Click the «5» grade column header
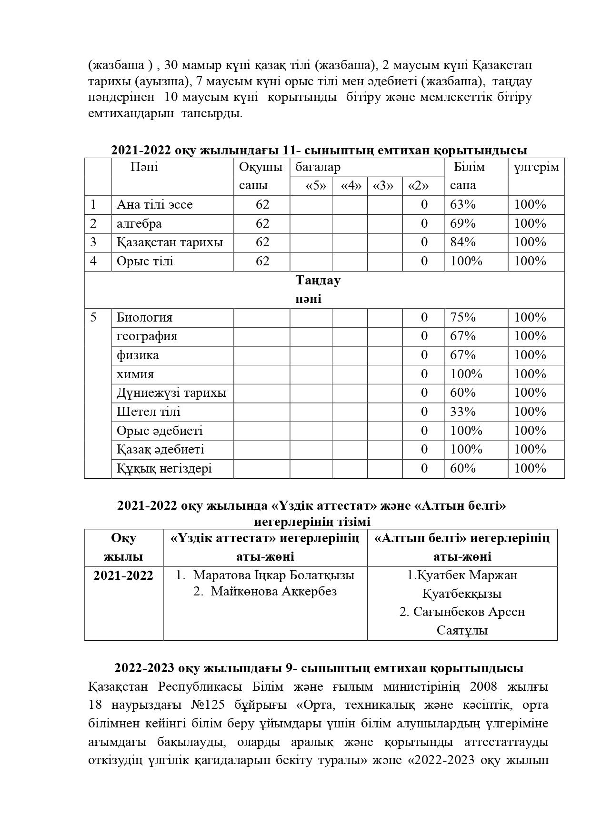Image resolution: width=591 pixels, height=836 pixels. pos(315,186)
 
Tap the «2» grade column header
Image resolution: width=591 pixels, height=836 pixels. pos(418,186)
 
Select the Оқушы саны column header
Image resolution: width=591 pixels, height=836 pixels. pos(261,176)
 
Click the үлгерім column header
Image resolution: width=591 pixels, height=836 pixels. pos(536,167)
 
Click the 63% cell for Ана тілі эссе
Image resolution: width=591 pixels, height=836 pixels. pos(463,205)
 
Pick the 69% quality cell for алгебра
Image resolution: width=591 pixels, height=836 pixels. pos(463,223)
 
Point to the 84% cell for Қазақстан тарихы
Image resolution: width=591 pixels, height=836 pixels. pos(463,242)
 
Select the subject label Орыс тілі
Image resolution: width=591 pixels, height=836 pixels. pos(145,261)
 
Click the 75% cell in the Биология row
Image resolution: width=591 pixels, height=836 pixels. pos(463,317)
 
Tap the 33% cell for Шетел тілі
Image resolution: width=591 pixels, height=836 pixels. pos(463,412)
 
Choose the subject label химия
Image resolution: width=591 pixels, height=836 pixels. pos(135,374)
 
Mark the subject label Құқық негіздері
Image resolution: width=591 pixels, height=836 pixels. pos(164,468)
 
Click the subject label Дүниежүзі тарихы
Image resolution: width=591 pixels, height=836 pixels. pos(171,393)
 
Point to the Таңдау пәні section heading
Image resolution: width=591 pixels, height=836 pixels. pos(317,289)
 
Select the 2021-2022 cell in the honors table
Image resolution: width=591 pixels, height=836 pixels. pos(123,575)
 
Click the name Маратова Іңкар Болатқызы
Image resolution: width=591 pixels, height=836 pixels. pos(273,575)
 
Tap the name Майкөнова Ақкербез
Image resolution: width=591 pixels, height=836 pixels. pos(273,592)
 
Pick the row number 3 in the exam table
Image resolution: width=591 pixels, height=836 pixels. pos(93,242)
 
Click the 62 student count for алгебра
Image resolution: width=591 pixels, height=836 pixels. pos(262,223)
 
